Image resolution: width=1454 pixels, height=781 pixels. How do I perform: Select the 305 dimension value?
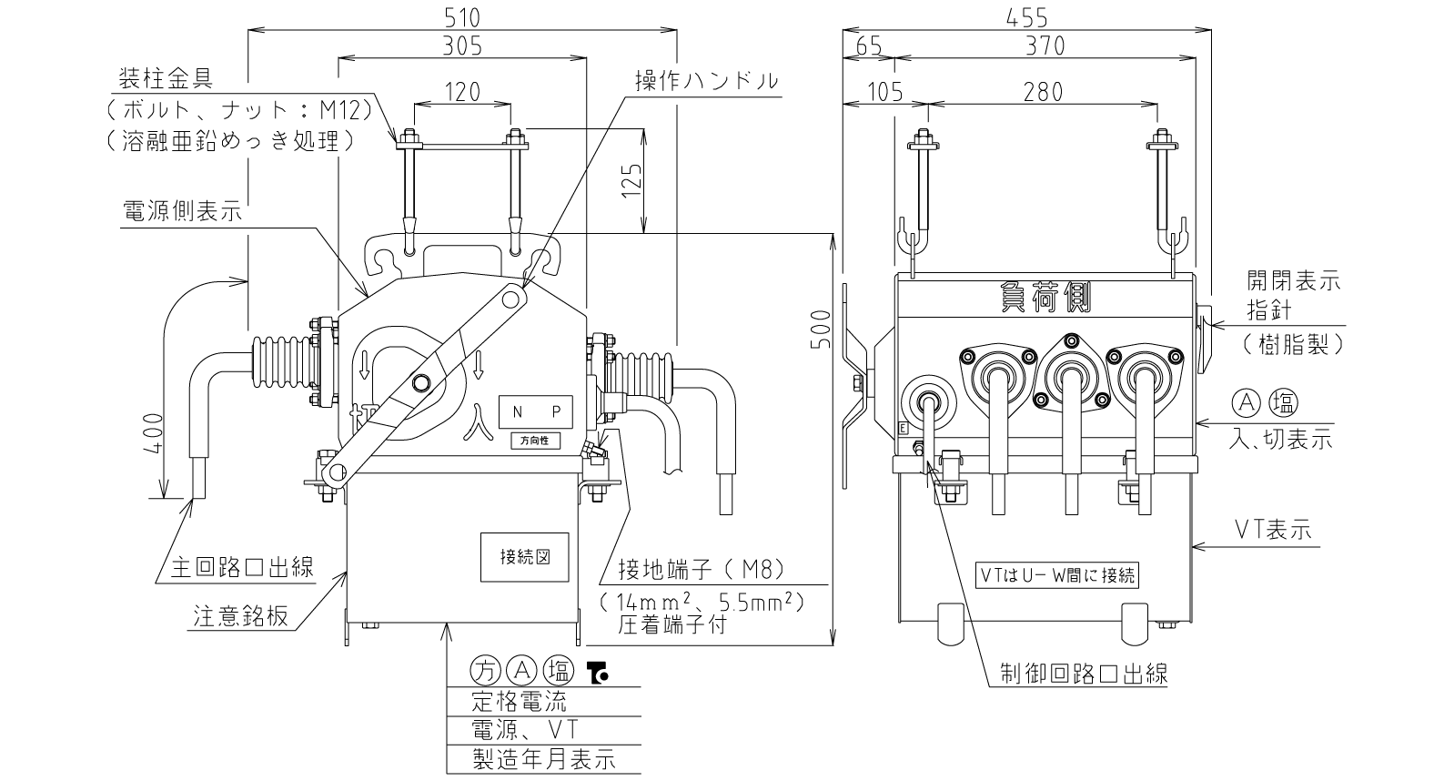[462, 46]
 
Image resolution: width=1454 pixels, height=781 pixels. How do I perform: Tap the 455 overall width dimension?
[1027, 17]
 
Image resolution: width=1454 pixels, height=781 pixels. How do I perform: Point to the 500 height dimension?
[822, 330]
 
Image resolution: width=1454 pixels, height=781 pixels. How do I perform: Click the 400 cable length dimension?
[153, 433]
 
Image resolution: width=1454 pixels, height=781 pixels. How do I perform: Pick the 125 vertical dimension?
[631, 180]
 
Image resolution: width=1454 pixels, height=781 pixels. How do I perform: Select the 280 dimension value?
[1043, 92]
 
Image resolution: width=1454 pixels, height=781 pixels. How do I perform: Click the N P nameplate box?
[536, 411]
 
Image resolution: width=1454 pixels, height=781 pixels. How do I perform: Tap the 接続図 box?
[524, 557]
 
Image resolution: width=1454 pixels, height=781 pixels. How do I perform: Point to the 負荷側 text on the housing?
[1045, 298]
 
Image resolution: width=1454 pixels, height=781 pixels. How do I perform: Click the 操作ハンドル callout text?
[706, 80]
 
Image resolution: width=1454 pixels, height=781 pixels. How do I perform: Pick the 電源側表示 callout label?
[182, 211]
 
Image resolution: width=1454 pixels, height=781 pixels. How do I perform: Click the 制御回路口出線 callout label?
[1084, 674]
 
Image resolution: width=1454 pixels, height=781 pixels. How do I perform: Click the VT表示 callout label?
[1273, 530]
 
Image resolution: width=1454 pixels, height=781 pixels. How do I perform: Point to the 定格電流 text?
[520, 701]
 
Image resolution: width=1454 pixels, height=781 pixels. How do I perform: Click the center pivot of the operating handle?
[420, 382]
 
